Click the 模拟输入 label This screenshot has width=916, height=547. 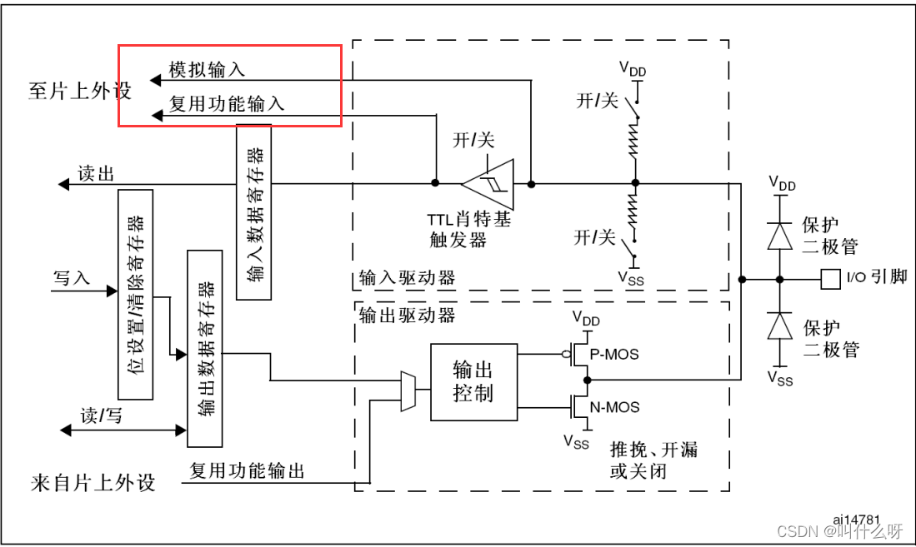click(x=207, y=69)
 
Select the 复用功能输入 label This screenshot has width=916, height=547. click(x=227, y=103)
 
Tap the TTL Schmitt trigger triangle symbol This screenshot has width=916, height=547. click(x=488, y=183)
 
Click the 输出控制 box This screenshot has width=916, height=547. click(x=473, y=381)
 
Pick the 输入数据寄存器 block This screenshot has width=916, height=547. click(x=253, y=211)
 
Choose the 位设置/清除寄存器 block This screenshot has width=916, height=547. click(x=136, y=294)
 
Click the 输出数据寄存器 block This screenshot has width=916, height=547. click(x=205, y=348)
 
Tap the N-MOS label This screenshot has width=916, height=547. click(x=614, y=407)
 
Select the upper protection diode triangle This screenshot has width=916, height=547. click(x=780, y=236)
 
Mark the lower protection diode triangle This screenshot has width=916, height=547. click(x=780, y=326)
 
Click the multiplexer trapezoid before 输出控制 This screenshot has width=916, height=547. click(x=408, y=390)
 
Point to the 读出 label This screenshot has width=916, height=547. click(x=96, y=173)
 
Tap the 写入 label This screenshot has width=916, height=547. click(x=72, y=277)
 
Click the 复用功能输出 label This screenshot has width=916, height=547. click(x=248, y=471)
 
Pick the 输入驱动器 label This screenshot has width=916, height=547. click(x=408, y=278)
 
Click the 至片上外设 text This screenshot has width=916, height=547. click(x=80, y=91)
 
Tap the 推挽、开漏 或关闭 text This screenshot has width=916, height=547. click(x=653, y=460)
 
